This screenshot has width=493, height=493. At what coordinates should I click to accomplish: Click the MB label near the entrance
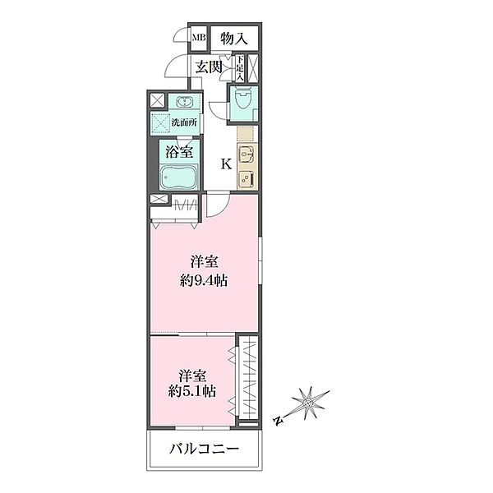199,38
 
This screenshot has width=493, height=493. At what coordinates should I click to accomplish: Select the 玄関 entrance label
209,67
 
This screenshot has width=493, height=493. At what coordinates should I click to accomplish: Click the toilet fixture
243,103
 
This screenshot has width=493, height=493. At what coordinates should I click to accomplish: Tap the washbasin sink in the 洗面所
182,103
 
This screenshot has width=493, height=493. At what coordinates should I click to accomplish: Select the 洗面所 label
182,123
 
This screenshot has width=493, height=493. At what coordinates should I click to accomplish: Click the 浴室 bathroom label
179,152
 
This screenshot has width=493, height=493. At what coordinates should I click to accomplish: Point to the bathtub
178,177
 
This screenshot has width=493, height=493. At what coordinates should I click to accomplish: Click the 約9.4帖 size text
205,280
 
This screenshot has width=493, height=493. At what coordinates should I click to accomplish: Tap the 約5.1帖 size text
193,392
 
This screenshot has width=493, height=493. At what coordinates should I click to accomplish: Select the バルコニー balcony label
205,449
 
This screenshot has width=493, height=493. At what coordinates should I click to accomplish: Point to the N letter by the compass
279,421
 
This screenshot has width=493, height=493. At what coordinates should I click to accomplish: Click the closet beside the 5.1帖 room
246,381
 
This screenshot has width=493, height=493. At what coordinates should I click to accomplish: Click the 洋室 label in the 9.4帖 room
205,262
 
